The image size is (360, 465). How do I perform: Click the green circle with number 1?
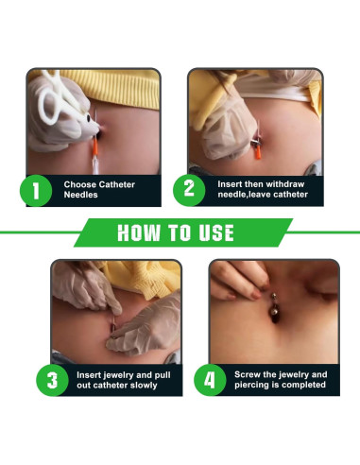(x=36, y=191)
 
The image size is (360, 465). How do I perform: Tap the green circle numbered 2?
(x=189, y=190)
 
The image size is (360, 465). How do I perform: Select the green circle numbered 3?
(x=52, y=380)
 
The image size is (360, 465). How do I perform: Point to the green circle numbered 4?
(x=210, y=380)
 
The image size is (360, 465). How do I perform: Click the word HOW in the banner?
(x=139, y=232)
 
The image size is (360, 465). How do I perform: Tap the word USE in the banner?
(x=216, y=232)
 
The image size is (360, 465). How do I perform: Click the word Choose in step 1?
(x=79, y=184)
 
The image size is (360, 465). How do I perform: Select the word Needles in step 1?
(x=80, y=195)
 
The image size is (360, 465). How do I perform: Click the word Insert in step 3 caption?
(x=89, y=375)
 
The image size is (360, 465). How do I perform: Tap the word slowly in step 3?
(x=144, y=386)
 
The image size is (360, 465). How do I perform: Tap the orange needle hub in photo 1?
(x=94, y=148)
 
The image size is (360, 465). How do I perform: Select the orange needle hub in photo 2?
(x=258, y=152)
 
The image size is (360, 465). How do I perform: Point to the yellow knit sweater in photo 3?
(x=142, y=277)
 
